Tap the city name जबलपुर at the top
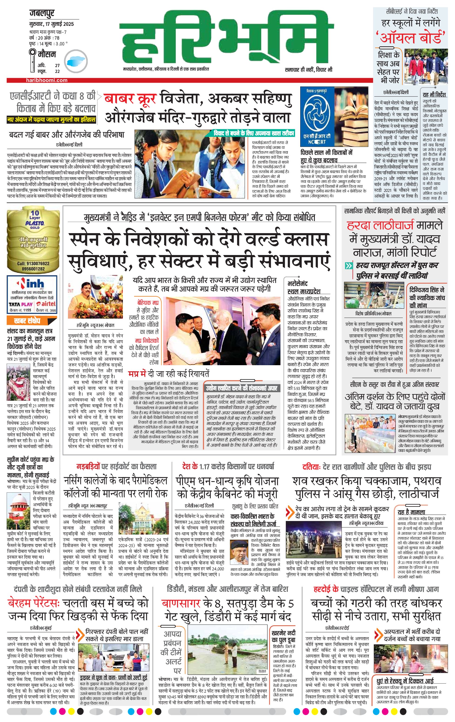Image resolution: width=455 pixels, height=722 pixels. coord(42,14)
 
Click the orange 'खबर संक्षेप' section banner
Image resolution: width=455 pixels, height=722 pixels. coord(27,321)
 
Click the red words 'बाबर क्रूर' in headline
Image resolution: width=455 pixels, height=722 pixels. coord(130,98)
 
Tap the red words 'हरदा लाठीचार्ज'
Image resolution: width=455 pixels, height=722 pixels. coord(381,225)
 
